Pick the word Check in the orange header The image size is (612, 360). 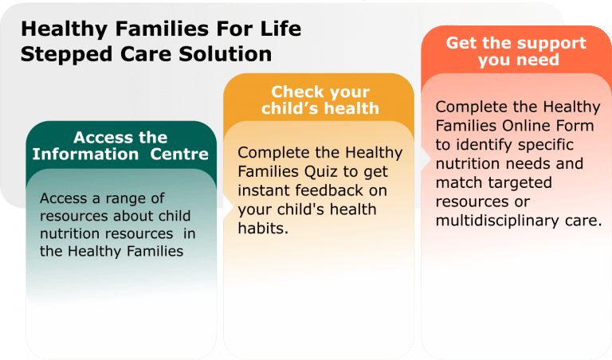tap(296, 92)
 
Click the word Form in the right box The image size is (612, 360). tap(575, 125)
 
